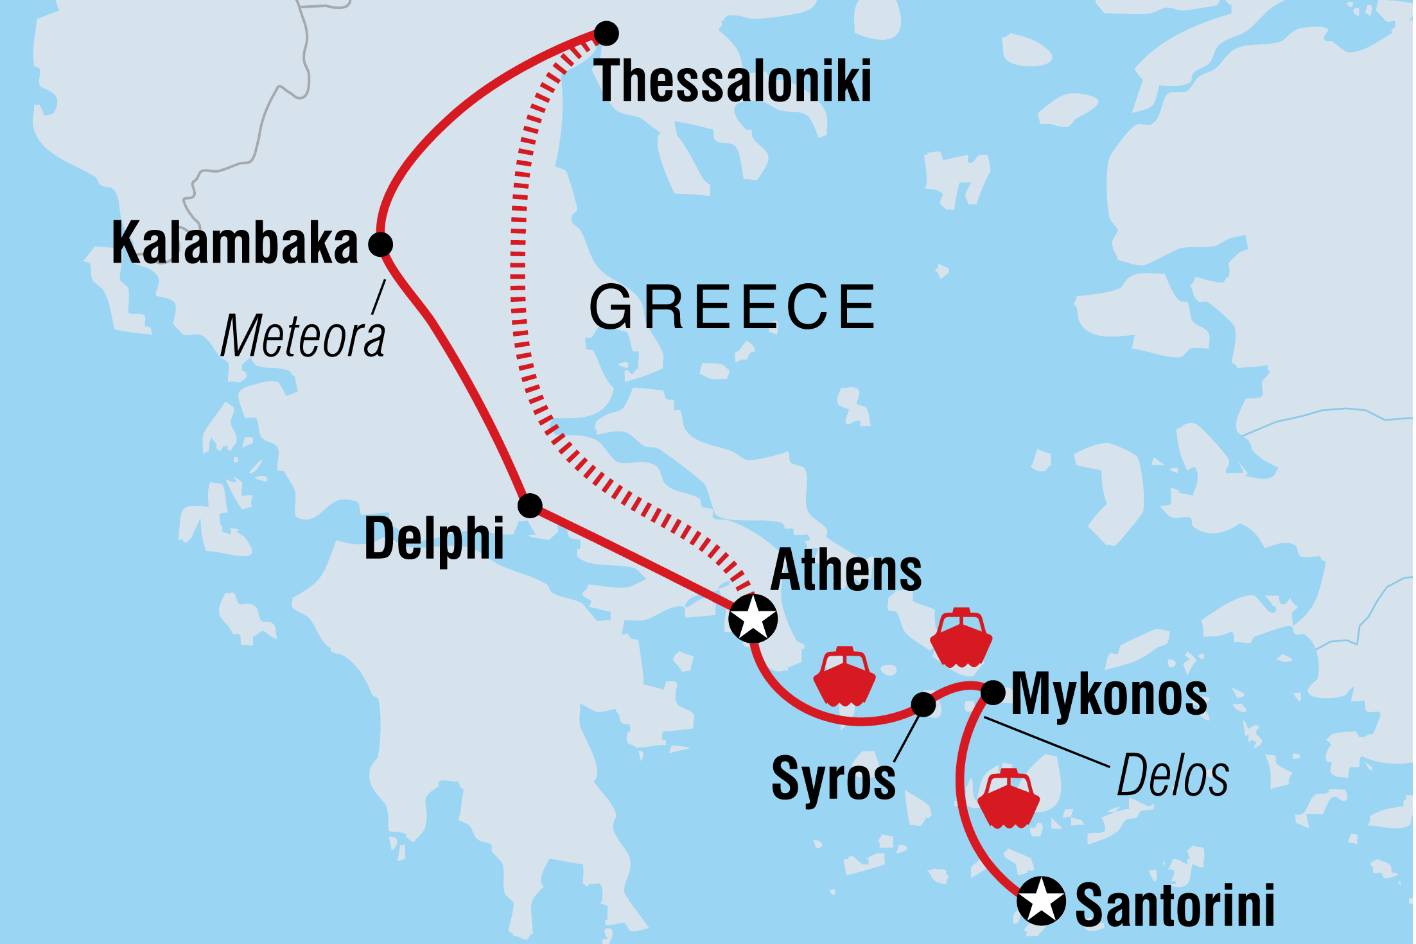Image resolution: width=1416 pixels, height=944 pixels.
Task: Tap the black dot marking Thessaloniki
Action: coord(606,33)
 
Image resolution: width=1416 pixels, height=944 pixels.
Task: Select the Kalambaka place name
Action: coord(234,243)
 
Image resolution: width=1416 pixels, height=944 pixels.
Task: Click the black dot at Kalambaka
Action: coord(380,244)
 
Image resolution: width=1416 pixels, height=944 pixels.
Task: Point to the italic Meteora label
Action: coord(302,337)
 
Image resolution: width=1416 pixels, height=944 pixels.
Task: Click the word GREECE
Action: coord(733,308)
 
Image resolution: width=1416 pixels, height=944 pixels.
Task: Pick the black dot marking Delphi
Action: coord(530,505)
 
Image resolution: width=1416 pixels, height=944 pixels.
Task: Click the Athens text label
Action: coord(846,570)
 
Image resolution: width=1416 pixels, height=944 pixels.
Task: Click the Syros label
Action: coord(833,778)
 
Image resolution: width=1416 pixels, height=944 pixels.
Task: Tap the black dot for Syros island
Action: coord(923,704)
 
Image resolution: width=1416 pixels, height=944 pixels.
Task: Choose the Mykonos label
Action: coord(1109,695)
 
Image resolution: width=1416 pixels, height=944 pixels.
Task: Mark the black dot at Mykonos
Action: coord(993,692)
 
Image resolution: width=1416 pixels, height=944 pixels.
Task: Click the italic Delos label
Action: coord(1173,776)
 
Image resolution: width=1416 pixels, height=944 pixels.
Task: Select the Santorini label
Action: coord(1175,905)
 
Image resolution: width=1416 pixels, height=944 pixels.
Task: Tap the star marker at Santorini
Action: coord(1041,900)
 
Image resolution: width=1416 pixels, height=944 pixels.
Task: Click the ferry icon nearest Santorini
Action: coord(1008,798)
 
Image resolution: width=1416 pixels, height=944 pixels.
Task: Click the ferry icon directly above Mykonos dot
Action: coord(961,638)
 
